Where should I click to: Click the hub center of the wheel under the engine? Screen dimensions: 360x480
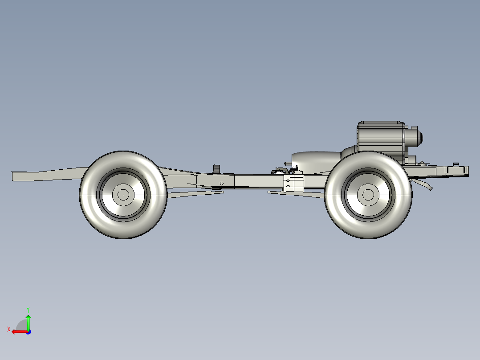point(368,195)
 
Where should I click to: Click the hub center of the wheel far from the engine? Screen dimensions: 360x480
point(123,194)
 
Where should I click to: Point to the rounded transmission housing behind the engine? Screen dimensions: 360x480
point(316,160)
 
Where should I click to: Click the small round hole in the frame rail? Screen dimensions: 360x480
point(222,183)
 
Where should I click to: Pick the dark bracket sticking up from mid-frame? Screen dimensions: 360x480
point(217,169)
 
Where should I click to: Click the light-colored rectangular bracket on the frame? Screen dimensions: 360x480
point(293,182)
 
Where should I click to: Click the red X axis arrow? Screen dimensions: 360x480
point(19,331)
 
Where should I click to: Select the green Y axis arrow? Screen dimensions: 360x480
point(28,322)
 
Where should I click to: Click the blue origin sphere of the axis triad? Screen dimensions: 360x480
point(28,331)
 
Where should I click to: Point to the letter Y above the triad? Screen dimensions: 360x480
point(28,309)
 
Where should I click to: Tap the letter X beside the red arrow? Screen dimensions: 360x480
point(8,330)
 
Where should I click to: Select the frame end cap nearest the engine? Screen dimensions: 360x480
point(466,170)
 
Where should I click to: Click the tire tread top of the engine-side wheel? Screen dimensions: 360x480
point(368,154)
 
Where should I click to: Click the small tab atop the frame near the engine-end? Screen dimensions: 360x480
point(455,164)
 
